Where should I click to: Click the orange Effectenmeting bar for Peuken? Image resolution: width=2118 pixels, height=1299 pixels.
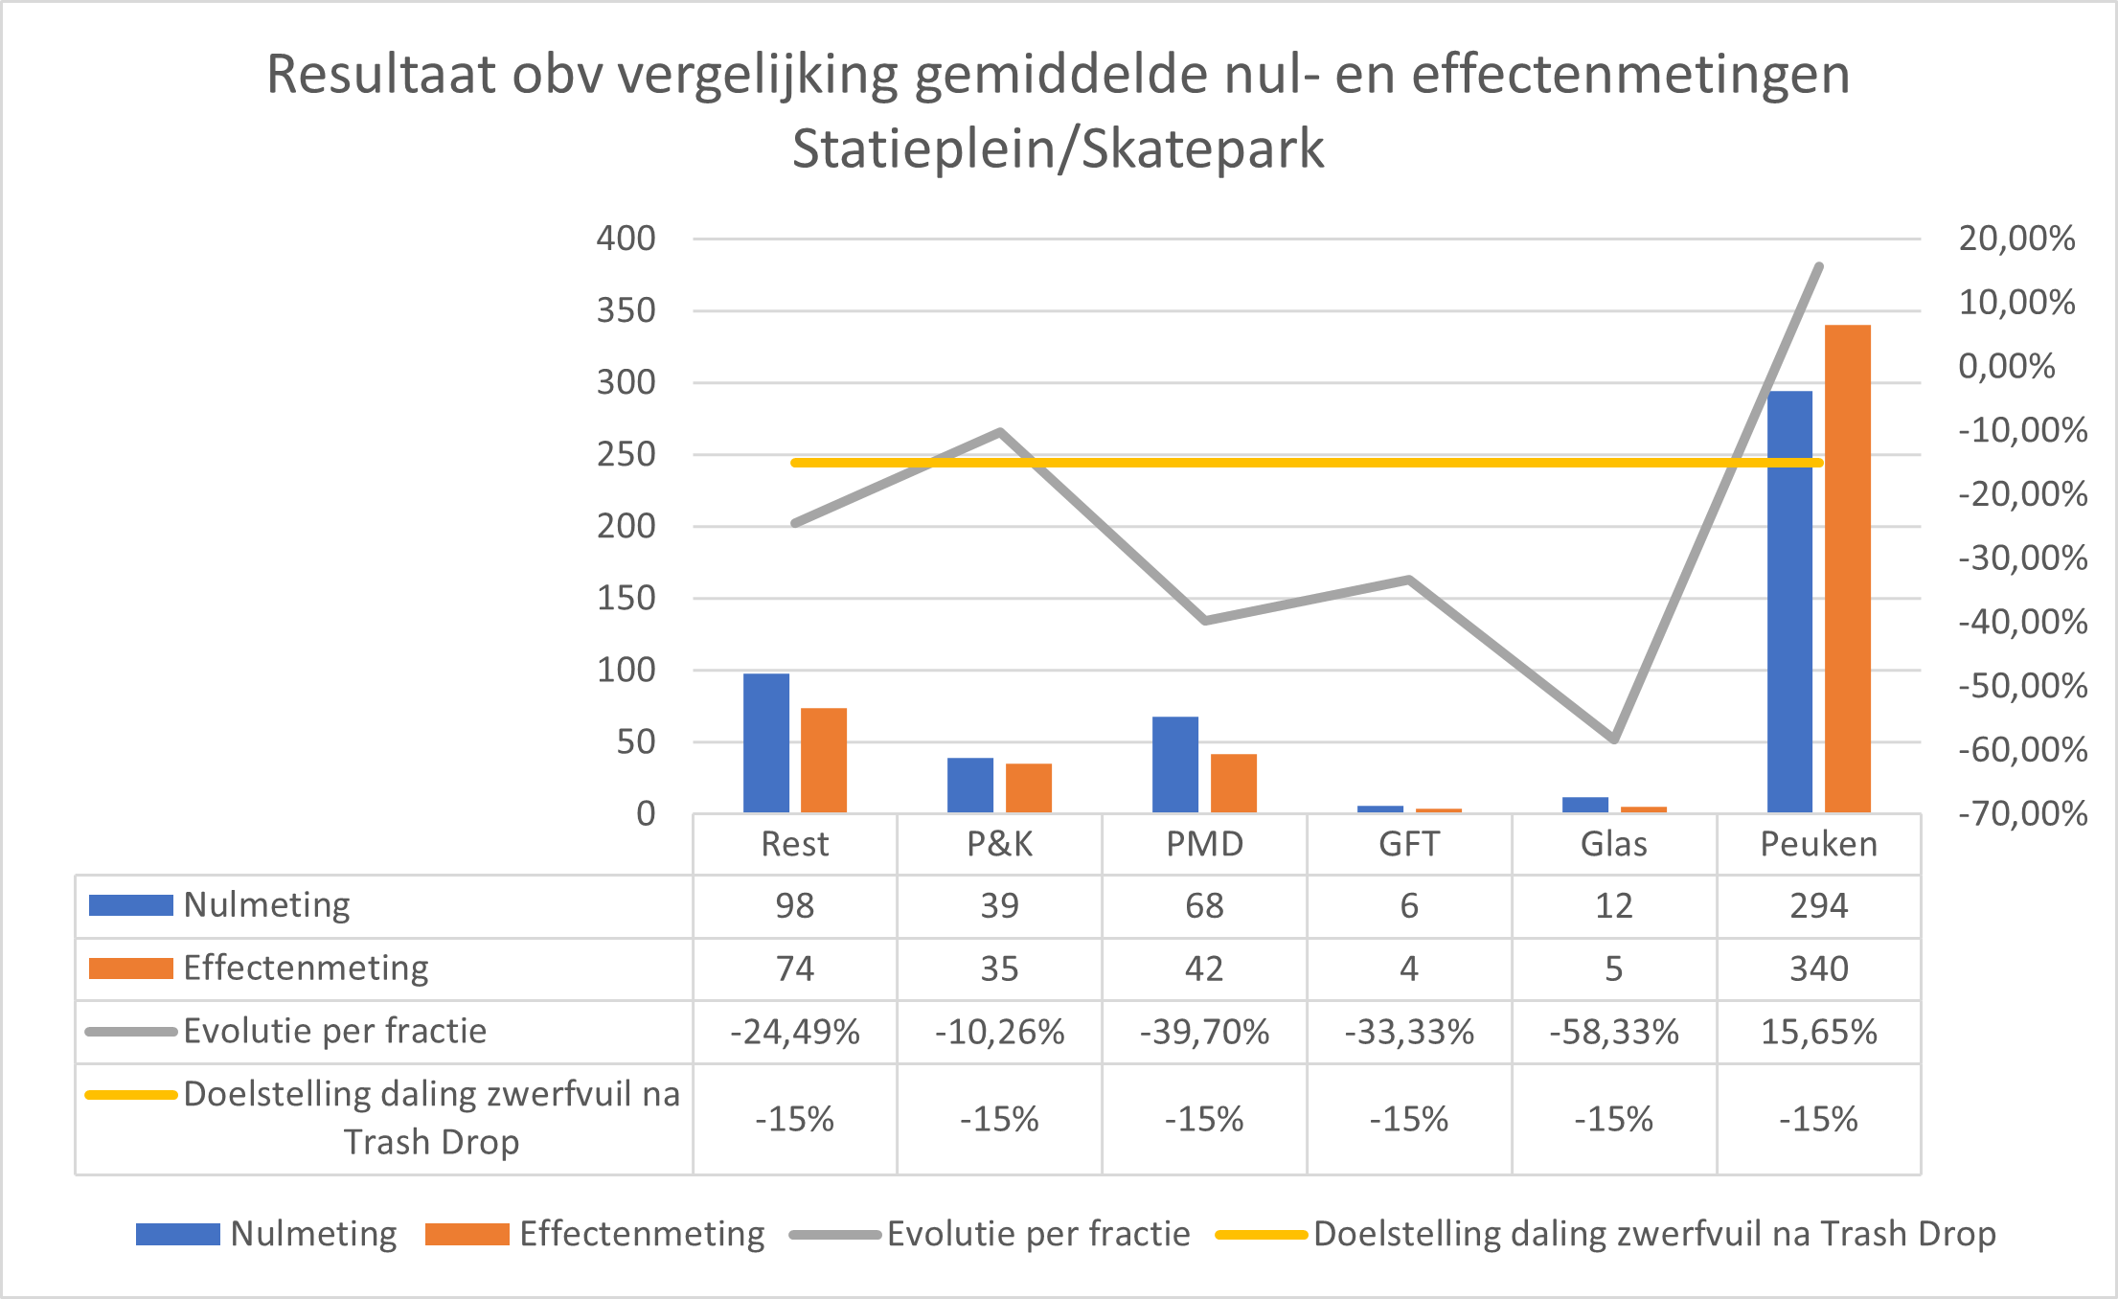coord(1847,569)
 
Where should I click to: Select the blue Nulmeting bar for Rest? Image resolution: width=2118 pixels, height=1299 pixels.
coord(766,743)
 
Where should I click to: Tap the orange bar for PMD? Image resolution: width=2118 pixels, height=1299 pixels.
coord(1233,784)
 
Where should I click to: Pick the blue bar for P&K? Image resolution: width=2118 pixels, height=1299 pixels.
coord(970,786)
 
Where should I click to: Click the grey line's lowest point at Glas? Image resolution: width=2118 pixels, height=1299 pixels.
coord(1614,739)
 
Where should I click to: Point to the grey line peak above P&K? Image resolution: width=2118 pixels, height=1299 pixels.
coord(1000,432)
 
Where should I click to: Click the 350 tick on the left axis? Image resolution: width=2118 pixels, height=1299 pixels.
coord(626,310)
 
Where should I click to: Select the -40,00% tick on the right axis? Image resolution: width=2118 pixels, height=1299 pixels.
coord(2022,622)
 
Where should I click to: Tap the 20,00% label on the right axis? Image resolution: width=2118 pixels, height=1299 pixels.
coord(2016,238)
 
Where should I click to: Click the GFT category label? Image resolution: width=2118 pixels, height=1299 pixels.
coord(1408,844)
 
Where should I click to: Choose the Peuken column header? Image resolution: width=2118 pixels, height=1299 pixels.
coord(1818,844)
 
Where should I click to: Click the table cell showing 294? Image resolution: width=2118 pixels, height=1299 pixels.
coord(1818,905)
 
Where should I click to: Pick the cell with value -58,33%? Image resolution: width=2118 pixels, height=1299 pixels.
coord(1613,1032)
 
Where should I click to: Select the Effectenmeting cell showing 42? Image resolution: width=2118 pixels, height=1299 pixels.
coord(1204,969)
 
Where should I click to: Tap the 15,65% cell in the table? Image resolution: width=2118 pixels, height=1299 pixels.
coord(1818,1032)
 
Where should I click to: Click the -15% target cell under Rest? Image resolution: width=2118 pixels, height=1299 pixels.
coord(794,1119)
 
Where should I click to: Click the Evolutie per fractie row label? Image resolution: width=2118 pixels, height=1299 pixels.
coord(334,1032)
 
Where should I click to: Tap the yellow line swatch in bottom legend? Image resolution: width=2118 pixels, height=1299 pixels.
coord(1261,1235)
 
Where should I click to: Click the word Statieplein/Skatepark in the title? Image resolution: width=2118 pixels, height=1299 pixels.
coord(1058,149)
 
